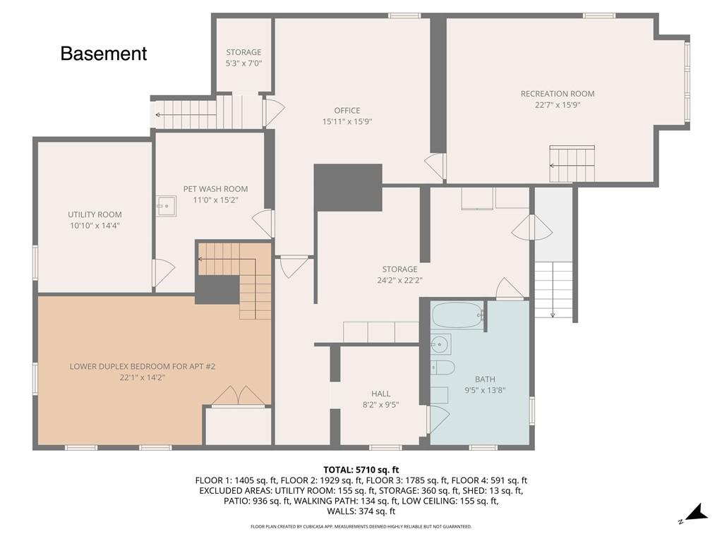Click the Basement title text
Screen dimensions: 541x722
tap(104, 54)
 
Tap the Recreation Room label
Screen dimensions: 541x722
tap(558, 94)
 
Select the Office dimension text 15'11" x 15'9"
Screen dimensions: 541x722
tap(347, 121)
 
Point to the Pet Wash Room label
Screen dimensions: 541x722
tap(215, 189)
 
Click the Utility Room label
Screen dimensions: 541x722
tap(95, 214)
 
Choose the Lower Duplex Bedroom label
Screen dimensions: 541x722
tap(142, 366)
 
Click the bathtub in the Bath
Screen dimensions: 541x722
tap(457, 315)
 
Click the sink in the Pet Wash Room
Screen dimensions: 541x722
tap(166, 206)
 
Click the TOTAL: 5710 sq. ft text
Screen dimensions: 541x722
tap(361, 469)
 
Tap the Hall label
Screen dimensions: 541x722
tap(381, 394)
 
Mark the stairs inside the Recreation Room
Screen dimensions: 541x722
tap(572, 164)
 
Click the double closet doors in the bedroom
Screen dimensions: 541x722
tap(239, 396)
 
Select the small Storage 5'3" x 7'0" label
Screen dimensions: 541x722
tap(243, 52)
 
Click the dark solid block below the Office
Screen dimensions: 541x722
tap(348, 187)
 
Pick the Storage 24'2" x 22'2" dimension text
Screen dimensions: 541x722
tap(399, 280)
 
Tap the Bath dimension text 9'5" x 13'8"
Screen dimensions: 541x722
tap(485, 390)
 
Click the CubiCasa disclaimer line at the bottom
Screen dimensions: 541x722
tap(361, 526)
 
